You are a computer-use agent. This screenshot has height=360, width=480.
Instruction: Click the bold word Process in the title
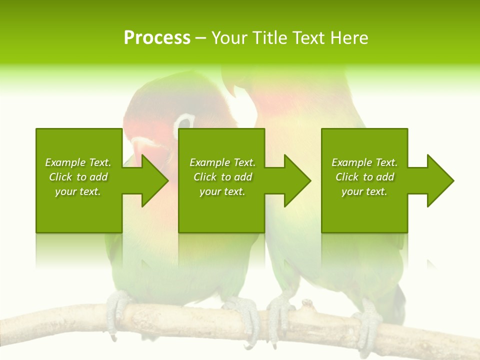[157, 38]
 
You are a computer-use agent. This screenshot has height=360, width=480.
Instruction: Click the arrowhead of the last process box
[438, 180]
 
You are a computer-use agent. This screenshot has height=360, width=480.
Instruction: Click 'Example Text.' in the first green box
[78, 162]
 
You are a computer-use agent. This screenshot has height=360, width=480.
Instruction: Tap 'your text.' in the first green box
[78, 191]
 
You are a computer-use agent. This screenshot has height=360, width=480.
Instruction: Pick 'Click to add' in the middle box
[222, 177]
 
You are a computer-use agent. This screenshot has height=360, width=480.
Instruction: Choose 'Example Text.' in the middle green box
[222, 162]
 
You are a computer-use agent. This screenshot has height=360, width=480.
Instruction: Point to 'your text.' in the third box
[364, 191]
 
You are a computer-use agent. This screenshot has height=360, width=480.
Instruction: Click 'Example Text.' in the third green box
[364, 162]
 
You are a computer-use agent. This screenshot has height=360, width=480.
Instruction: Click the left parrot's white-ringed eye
[184, 122]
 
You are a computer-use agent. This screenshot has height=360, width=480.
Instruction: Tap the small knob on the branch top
[307, 303]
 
